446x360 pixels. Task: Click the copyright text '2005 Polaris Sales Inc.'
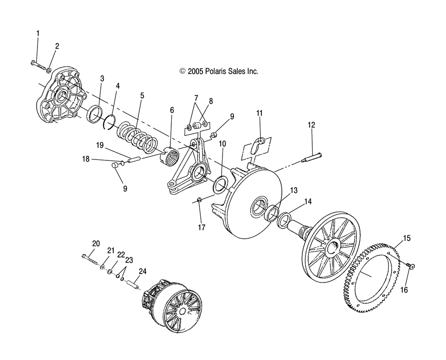point(219,71)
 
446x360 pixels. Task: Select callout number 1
point(38,33)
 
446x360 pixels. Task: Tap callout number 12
point(311,125)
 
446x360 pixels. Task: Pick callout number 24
point(143,270)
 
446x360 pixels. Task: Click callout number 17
point(202,227)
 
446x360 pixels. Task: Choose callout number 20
point(96,243)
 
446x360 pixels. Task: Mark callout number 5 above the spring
point(142,95)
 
